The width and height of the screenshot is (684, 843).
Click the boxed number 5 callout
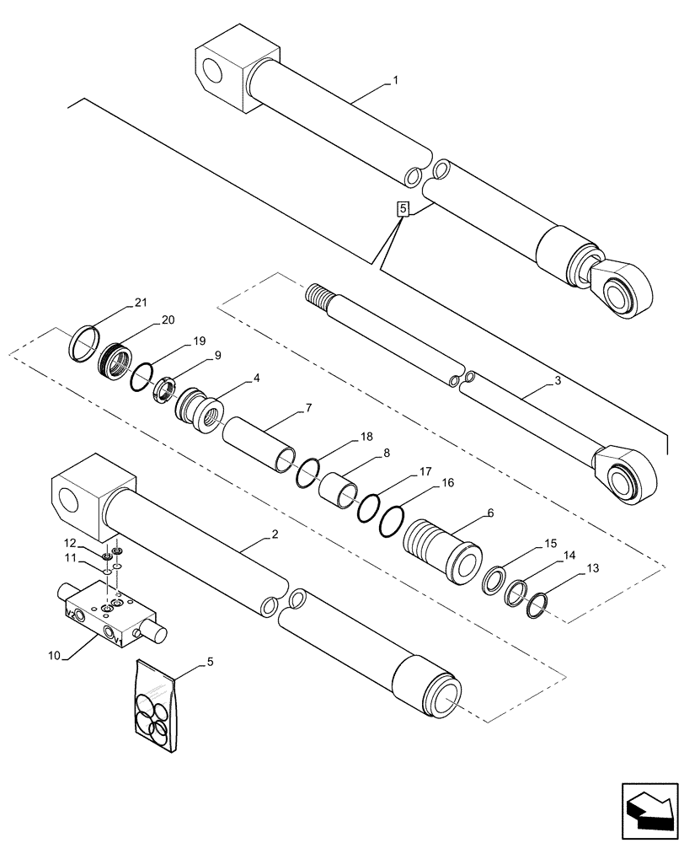coord(403,207)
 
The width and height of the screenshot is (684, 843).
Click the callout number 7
coord(309,409)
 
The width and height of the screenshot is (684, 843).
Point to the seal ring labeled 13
coord(536,604)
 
